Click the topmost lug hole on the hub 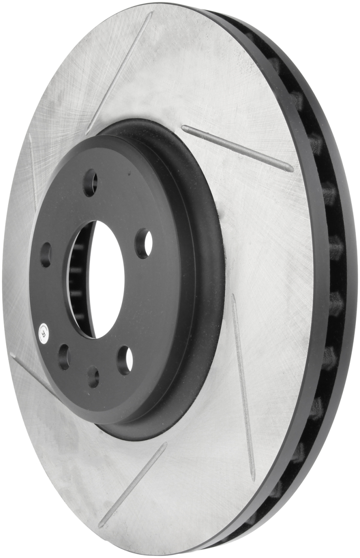click(x=90, y=183)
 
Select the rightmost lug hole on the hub click(x=144, y=243)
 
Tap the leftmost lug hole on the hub click(x=46, y=255)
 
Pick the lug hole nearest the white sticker click(x=64, y=356)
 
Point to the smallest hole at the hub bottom click(x=93, y=376)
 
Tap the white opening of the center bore click(x=106, y=279)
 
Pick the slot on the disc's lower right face click(x=243, y=387)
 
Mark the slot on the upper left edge click(x=34, y=171)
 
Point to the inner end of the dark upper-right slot click(x=184, y=128)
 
